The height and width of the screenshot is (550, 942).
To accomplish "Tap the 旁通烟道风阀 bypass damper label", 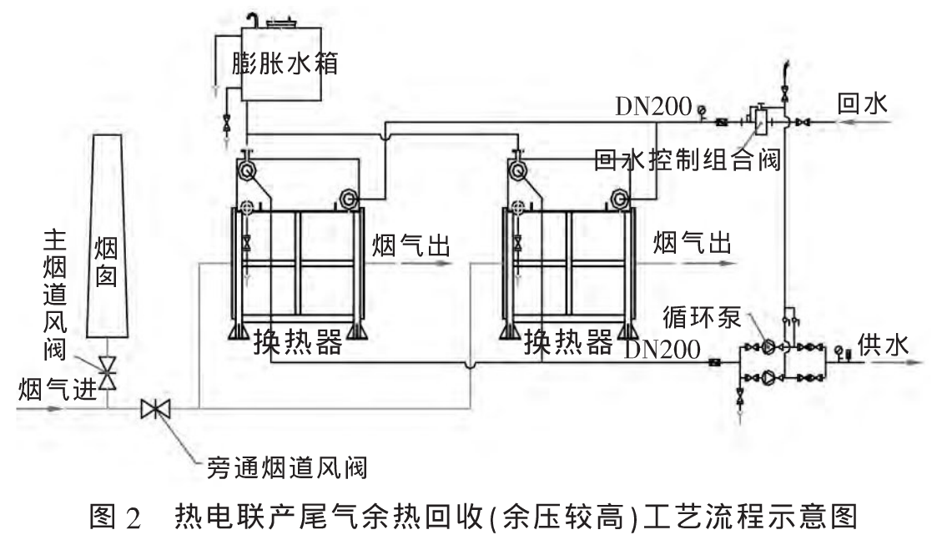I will point(285,466).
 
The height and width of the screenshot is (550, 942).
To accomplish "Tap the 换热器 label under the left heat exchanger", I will point(298,341).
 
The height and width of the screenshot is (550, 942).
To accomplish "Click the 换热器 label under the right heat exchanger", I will point(568,341).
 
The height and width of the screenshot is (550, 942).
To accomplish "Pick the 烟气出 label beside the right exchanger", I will point(692,244).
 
